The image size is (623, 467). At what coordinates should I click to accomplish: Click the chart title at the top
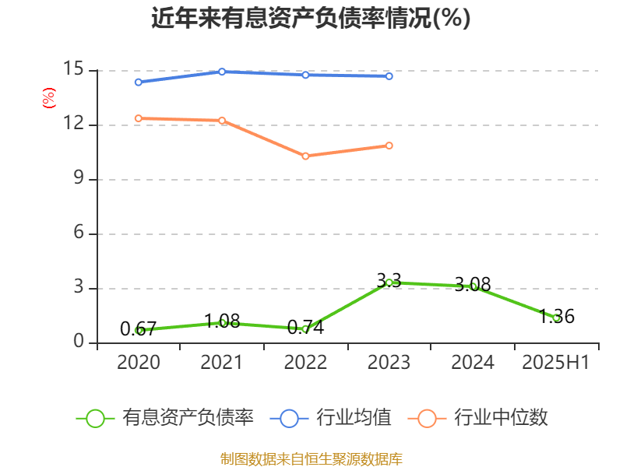(311, 19)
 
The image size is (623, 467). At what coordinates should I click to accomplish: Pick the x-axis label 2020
(139, 363)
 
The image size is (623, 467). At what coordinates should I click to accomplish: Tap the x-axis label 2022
(305, 363)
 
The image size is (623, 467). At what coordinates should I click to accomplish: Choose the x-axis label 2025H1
(555, 363)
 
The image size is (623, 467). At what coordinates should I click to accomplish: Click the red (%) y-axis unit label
(48, 98)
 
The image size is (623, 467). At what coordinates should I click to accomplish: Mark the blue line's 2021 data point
(222, 72)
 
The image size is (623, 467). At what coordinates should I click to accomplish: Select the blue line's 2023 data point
(389, 76)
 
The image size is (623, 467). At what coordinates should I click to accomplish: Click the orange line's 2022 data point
(305, 156)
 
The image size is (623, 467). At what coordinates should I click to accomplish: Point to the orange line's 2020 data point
(139, 118)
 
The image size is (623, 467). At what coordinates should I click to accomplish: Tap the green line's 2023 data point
(389, 283)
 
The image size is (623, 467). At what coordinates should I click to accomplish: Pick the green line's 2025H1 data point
(556, 318)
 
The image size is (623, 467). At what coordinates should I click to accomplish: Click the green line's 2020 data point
(139, 330)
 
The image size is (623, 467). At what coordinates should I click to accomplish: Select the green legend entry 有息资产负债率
(165, 418)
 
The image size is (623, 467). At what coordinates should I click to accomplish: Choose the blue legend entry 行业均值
(331, 418)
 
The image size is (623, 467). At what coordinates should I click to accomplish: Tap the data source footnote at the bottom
(311, 458)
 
